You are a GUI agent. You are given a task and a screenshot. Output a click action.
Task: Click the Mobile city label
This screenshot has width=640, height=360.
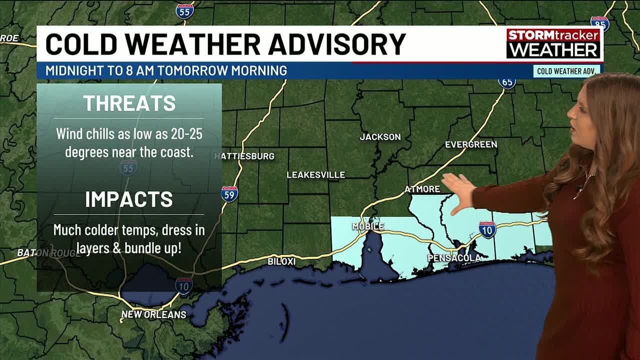[x=368, y=226]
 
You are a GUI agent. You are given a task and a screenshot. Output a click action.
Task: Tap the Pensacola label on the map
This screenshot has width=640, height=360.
[x=454, y=258]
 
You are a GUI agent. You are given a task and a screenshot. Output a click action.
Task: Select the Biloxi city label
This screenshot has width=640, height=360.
[x=281, y=261]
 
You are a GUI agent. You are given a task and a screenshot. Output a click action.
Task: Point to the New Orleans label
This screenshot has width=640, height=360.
[x=153, y=314]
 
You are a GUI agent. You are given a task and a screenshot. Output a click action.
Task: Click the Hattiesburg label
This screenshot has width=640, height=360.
[x=245, y=156]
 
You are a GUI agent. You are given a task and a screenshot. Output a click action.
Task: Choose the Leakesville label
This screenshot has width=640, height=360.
[x=315, y=175]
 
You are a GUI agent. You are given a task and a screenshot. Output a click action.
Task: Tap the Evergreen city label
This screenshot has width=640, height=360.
[x=471, y=144]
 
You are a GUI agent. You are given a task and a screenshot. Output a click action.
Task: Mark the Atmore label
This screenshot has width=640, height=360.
[x=422, y=189]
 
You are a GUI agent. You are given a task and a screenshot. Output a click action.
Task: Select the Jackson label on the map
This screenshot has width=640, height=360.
[x=380, y=136]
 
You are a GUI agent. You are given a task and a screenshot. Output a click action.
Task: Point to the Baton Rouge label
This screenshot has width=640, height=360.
[x=48, y=253]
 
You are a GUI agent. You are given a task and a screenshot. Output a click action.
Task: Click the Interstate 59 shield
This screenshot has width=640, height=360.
[x=229, y=194]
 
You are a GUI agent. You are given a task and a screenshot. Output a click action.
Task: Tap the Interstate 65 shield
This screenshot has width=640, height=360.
[x=507, y=82]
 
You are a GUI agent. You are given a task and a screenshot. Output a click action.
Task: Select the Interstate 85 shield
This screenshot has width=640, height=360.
[x=599, y=23]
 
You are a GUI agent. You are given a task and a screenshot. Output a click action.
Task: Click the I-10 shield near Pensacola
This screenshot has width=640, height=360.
[x=487, y=230]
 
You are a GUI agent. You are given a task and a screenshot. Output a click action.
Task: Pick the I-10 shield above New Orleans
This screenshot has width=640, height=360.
[x=184, y=285]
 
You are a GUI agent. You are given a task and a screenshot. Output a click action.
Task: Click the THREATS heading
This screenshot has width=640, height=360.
[x=129, y=103]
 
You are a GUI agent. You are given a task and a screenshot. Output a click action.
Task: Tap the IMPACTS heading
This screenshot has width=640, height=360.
[x=129, y=199]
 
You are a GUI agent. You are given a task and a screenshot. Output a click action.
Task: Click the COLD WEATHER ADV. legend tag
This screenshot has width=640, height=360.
[x=566, y=71]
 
